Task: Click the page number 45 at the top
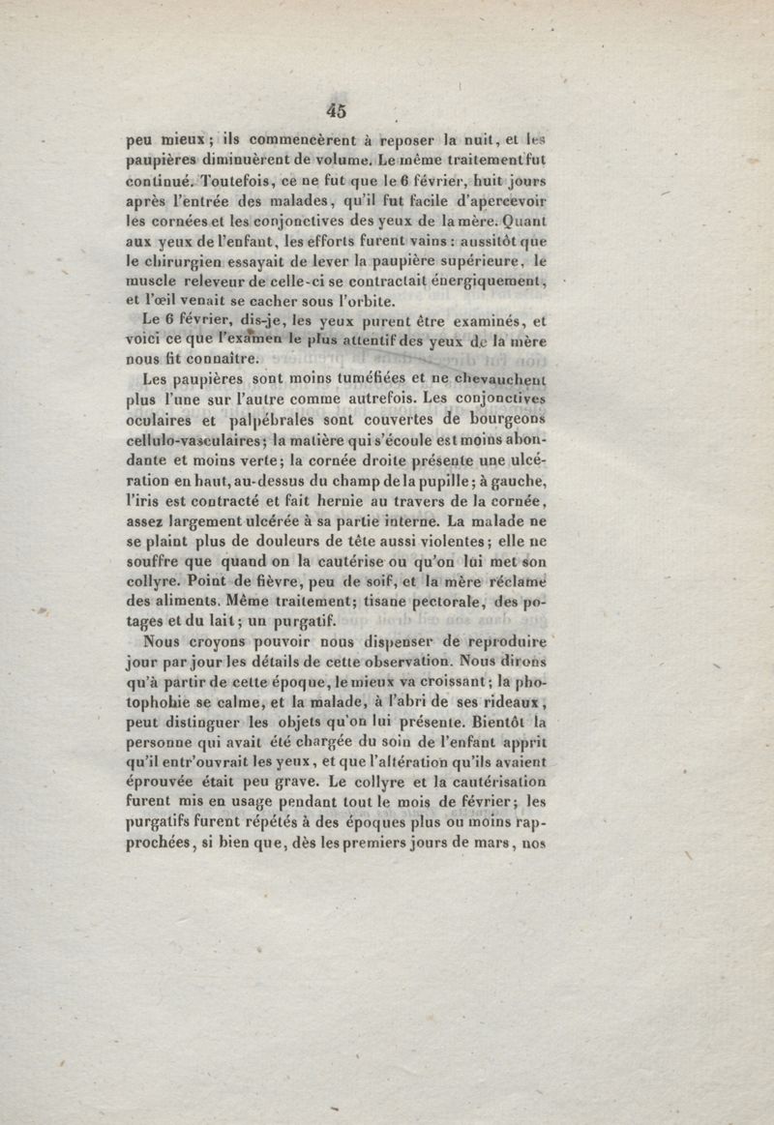(337, 109)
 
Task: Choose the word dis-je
(238, 321)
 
